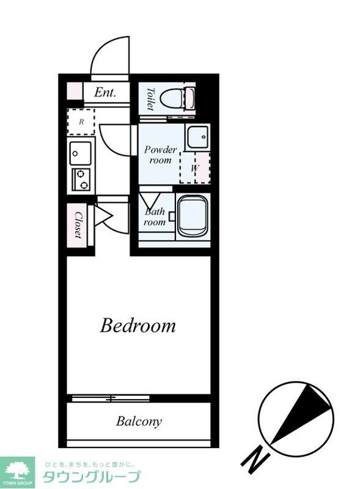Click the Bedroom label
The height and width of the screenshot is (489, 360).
coord(138,325)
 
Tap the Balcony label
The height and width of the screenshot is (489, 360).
coord(139,421)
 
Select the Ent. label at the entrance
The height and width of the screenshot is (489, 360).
coord(105,92)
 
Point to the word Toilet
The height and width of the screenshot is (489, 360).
coord(150,99)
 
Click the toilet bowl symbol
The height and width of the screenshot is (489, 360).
coord(177,98)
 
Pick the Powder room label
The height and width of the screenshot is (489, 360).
coord(160,155)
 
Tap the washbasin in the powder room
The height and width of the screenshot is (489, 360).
coord(197,138)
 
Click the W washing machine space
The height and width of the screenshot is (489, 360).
coord(195,167)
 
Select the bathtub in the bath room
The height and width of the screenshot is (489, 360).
coord(193,216)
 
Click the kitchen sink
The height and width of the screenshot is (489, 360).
coord(81,153)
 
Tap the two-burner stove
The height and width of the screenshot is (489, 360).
coord(81,179)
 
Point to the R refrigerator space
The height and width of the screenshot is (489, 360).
coord(81,122)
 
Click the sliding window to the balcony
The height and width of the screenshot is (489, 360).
coord(111,398)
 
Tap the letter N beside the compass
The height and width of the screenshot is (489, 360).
coord(255,462)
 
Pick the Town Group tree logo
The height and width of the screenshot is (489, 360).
coord(17,471)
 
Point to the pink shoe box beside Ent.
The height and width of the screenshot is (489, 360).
coord(75,91)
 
